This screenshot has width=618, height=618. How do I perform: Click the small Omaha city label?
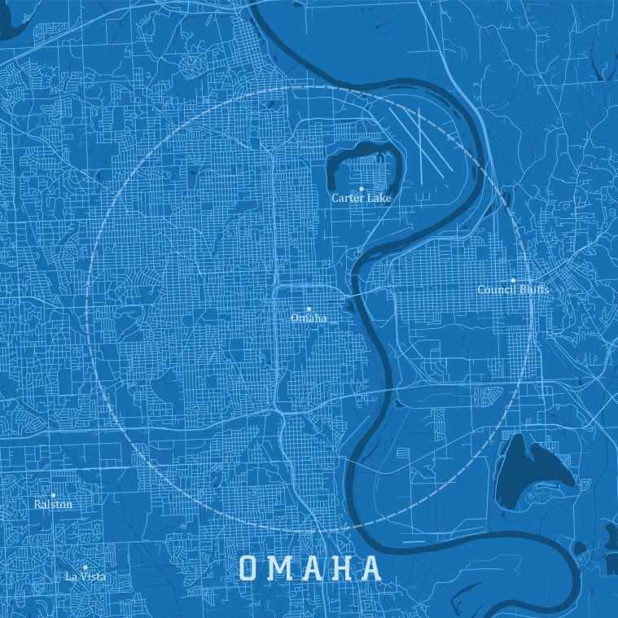click(309, 318)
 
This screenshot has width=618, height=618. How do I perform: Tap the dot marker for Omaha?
click(309, 309)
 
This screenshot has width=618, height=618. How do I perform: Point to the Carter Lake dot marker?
click(362, 188)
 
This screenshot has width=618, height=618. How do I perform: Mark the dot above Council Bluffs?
click(513, 280)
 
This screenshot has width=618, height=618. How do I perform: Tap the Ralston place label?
click(53, 505)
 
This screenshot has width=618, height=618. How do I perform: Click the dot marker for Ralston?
click(53, 495)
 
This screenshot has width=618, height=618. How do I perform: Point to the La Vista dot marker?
click(85, 567)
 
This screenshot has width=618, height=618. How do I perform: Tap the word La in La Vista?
click(71, 576)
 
